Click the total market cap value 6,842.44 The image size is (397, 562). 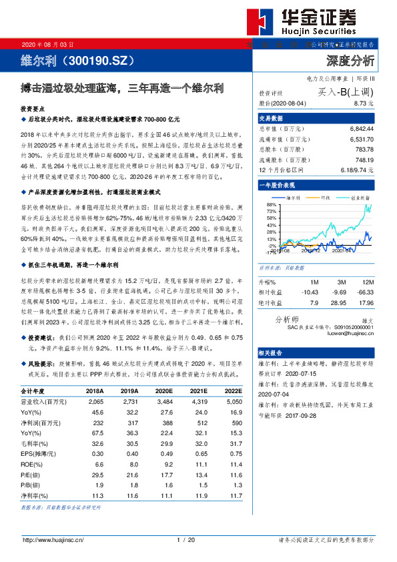point(361,127)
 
